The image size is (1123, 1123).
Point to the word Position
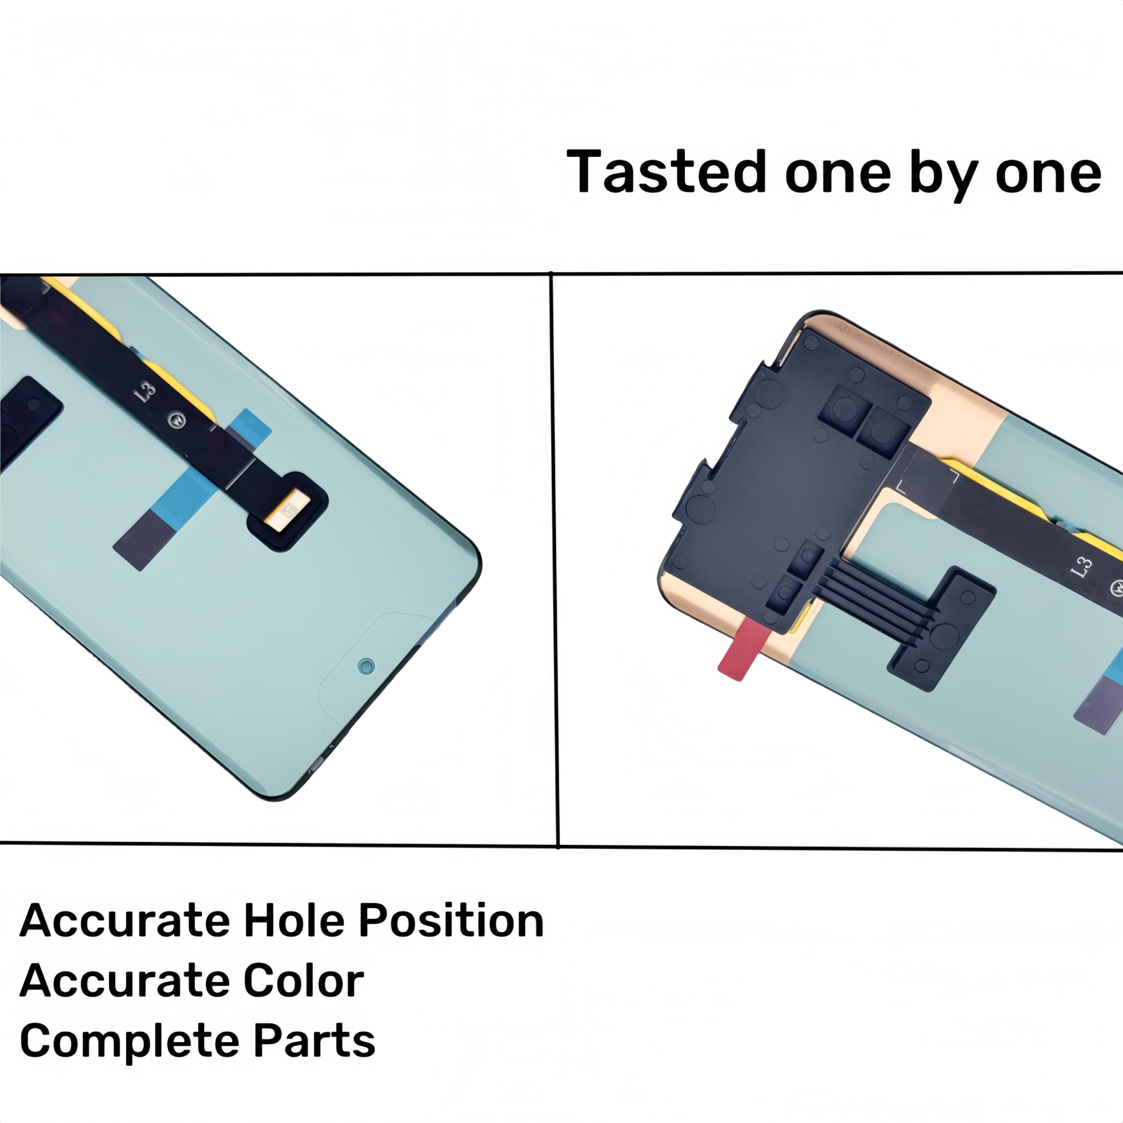pyautogui.click(x=451, y=921)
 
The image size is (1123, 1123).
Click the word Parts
pyautogui.click(x=315, y=1041)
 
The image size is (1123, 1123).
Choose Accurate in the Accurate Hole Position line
pyautogui.click(x=125, y=921)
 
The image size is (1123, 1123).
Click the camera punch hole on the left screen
pyautogui.click(x=366, y=666)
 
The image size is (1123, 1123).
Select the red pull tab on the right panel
pyautogui.click(x=738, y=649)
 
